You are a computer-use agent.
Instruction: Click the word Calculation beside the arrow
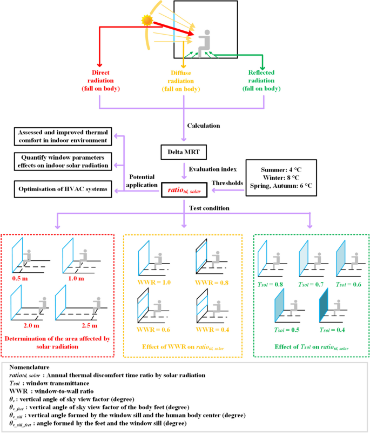click(204, 126)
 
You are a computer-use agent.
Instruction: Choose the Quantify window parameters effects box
click(62, 161)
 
